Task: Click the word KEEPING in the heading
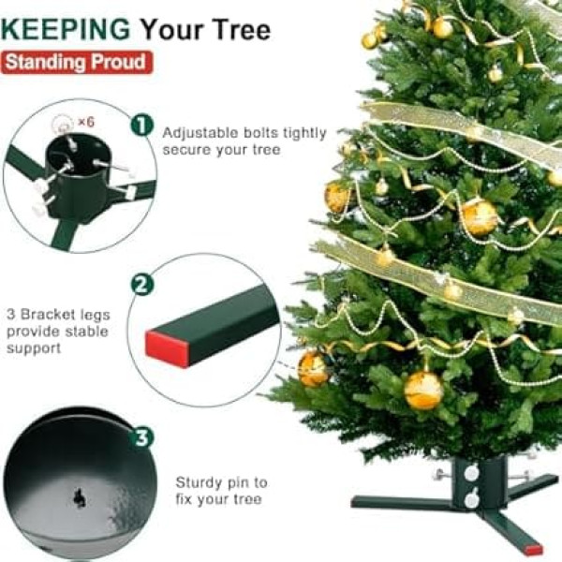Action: [66, 29]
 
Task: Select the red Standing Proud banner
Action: [77, 63]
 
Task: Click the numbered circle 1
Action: [142, 126]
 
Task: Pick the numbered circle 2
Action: [142, 284]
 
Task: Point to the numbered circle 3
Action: [142, 437]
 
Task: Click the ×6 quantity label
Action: [86, 122]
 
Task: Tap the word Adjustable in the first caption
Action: [200, 134]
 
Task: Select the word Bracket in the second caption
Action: [48, 315]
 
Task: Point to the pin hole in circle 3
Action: [80, 498]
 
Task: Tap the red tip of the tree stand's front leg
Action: [533, 550]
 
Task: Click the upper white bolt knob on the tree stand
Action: [471, 473]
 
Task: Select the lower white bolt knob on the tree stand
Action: [471, 499]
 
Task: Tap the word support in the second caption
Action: [34, 349]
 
